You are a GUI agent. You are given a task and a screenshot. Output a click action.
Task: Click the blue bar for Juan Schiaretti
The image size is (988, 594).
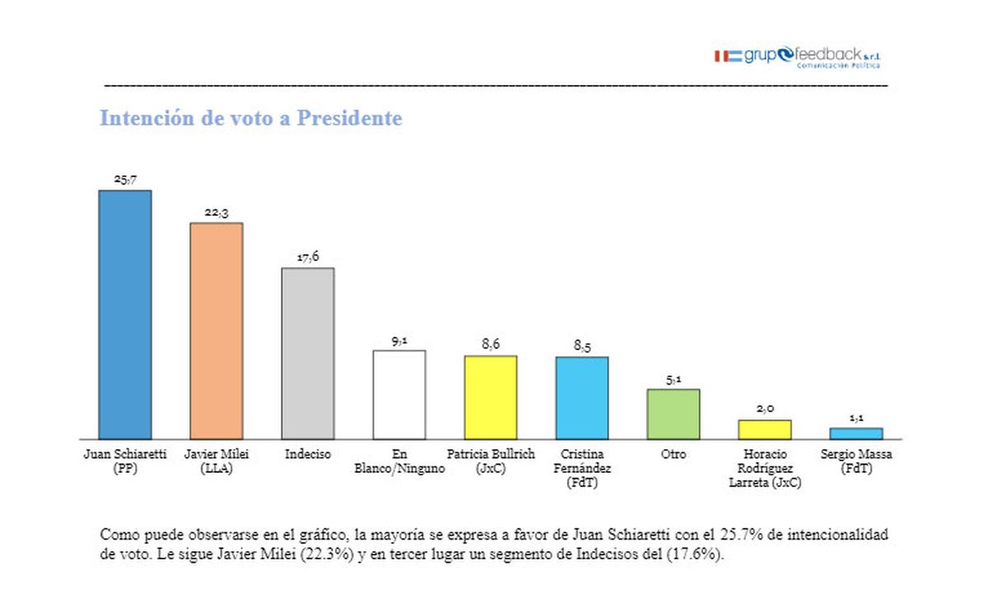pos(125,315)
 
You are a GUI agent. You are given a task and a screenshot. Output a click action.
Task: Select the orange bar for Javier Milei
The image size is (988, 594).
pos(217,330)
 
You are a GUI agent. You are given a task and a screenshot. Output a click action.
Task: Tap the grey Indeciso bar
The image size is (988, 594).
pos(308,353)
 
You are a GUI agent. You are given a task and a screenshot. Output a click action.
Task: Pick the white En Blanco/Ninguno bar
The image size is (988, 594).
pos(399,395)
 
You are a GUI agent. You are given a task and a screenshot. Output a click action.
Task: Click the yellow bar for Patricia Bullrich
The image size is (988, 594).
pos(491,397)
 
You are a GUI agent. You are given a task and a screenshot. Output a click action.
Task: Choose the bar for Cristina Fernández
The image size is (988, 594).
pos(582,398)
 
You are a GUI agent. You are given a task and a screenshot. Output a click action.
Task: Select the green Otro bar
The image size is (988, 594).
pos(673,414)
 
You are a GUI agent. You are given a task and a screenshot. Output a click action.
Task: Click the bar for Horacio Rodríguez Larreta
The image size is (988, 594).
pos(765,429)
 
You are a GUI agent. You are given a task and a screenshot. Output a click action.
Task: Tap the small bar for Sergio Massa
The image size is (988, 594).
pos(856,433)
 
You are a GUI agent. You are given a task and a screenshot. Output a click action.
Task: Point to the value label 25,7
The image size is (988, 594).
pos(125,179)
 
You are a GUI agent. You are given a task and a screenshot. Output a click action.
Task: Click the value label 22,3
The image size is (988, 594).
pos(217,212)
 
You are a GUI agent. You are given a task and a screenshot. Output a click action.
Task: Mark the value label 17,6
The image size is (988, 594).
pos(308,257)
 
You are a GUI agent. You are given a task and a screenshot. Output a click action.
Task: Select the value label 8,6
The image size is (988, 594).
pos(491,344)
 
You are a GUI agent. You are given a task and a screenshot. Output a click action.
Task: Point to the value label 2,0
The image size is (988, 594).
pos(765,409)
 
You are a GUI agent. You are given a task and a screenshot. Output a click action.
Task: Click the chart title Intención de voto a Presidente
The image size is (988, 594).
pos(251,119)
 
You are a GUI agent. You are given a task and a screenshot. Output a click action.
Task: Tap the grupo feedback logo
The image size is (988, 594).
pos(797,57)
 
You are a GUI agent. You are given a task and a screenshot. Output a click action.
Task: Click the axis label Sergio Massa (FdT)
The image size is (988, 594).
pos(856,461)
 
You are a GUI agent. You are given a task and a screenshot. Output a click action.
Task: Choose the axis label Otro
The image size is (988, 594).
pos(673,454)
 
